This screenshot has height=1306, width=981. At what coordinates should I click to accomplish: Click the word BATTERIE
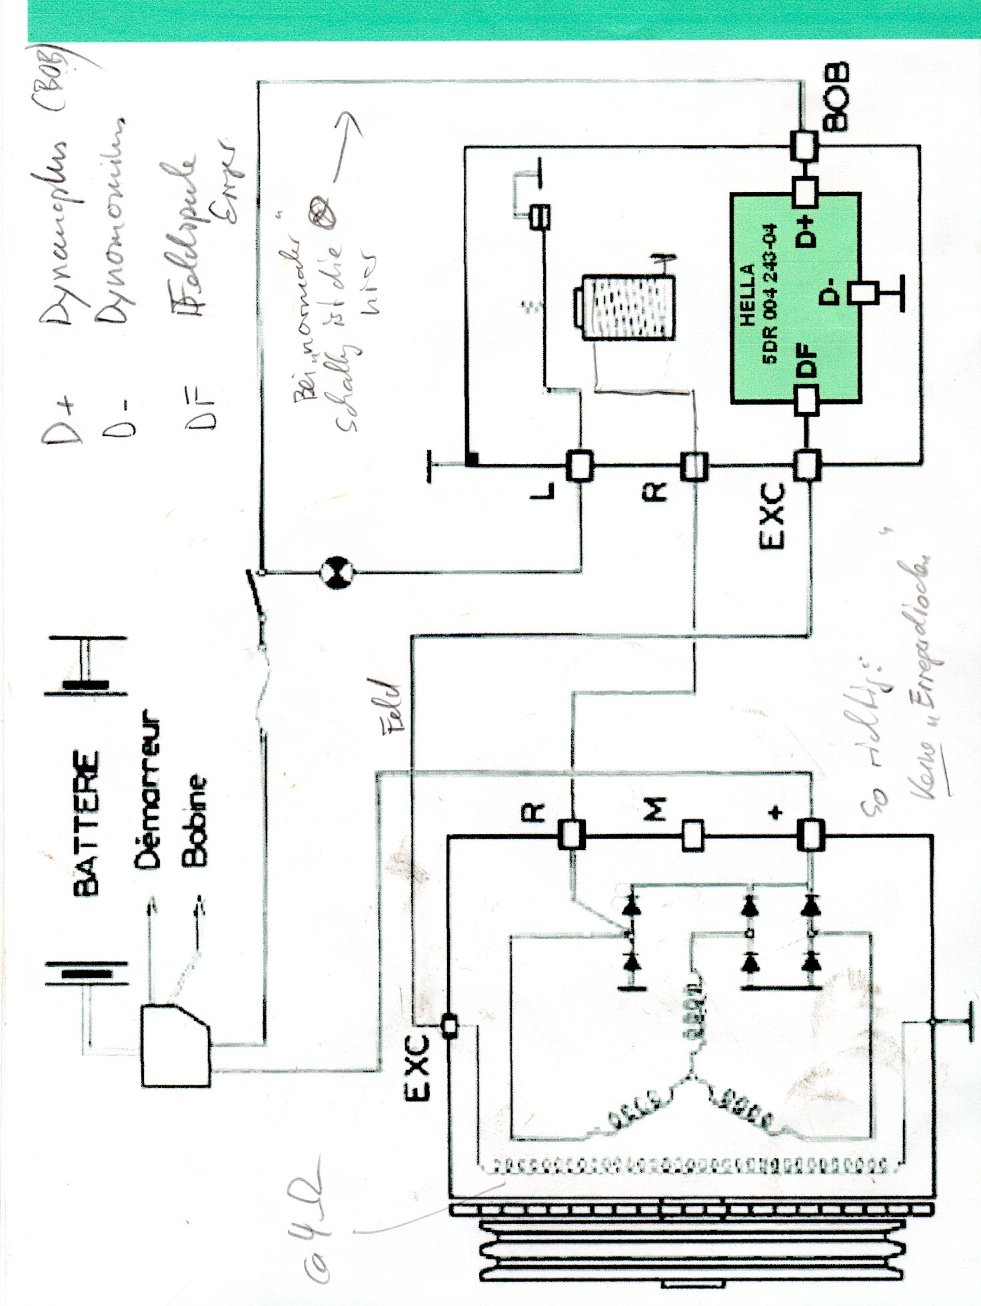point(87,823)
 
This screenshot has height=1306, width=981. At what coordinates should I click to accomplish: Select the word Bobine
point(195,820)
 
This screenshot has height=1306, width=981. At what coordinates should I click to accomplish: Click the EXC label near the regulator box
point(772,516)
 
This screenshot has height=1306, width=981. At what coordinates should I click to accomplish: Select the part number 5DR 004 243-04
point(771,293)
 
